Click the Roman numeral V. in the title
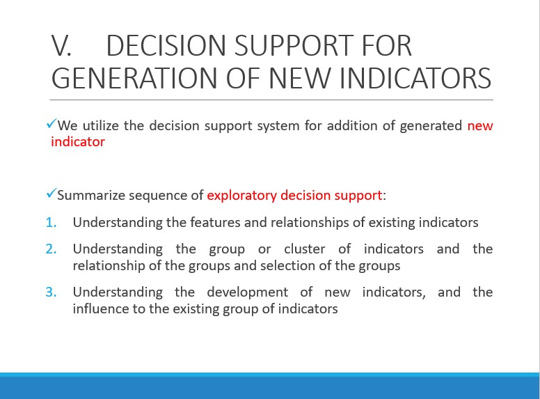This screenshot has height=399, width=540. pos(61,45)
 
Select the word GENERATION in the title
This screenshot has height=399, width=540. pos(134,78)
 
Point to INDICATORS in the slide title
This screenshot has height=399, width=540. pos(415,78)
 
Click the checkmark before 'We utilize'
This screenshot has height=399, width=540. pos(51,123)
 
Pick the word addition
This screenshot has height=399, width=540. pos(352,125)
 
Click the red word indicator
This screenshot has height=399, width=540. pos(78,141)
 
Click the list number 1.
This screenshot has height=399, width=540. pos(51,223)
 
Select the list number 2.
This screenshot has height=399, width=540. pos(51,249)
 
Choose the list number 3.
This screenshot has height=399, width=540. pos(51,292)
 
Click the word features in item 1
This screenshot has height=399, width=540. pos(215,222)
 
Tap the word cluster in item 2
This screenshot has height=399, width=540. pos(304,249)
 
